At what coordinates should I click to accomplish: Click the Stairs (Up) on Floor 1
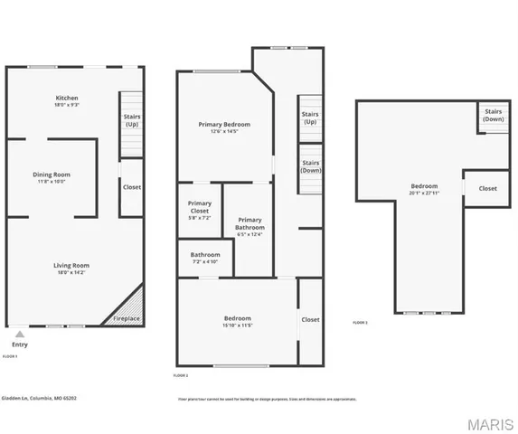[x=132, y=120]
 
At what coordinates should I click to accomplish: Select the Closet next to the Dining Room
[x=132, y=187]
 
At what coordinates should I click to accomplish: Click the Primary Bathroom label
[x=250, y=227]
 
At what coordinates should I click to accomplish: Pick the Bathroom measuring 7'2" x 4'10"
[x=205, y=258]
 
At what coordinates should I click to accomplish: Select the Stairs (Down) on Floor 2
[x=311, y=166]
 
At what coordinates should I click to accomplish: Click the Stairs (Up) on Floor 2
[x=310, y=118]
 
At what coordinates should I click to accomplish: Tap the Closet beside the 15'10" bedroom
[x=310, y=319]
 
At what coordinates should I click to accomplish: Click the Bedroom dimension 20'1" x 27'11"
[x=424, y=193]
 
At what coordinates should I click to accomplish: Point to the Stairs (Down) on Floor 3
[x=494, y=116]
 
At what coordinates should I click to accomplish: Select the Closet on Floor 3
[x=487, y=188]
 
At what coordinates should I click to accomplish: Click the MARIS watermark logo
[x=489, y=423]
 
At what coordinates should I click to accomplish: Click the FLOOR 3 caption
[x=361, y=323]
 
